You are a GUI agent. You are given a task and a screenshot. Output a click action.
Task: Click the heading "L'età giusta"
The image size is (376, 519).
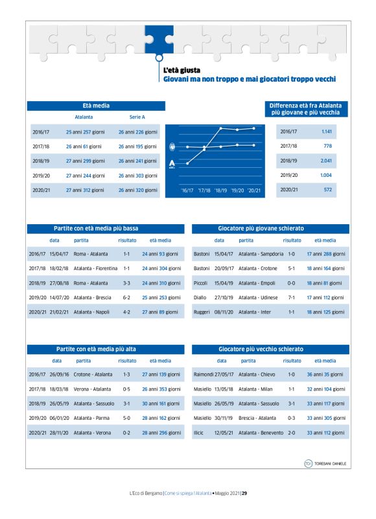[x=181, y=70]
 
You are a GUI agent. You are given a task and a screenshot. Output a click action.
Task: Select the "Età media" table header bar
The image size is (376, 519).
[x=96, y=106]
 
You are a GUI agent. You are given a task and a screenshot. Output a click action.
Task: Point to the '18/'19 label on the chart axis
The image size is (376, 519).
[x=220, y=190]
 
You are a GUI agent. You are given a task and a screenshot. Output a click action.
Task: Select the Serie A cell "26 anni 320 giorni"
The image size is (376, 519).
[x=137, y=189]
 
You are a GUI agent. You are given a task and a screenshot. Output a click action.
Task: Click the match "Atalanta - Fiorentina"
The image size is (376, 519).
[x=95, y=268]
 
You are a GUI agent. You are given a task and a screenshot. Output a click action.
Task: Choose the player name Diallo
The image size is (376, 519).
[x=201, y=297]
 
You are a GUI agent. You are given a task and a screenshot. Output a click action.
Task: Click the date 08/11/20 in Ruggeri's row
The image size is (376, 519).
[x=224, y=312]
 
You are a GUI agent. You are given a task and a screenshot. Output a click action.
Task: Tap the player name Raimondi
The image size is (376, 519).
[x=204, y=374]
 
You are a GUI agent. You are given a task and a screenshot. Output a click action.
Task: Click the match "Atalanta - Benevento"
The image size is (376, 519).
[x=261, y=432]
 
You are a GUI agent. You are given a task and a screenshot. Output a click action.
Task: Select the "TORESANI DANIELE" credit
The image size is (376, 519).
[x=329, y=463]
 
